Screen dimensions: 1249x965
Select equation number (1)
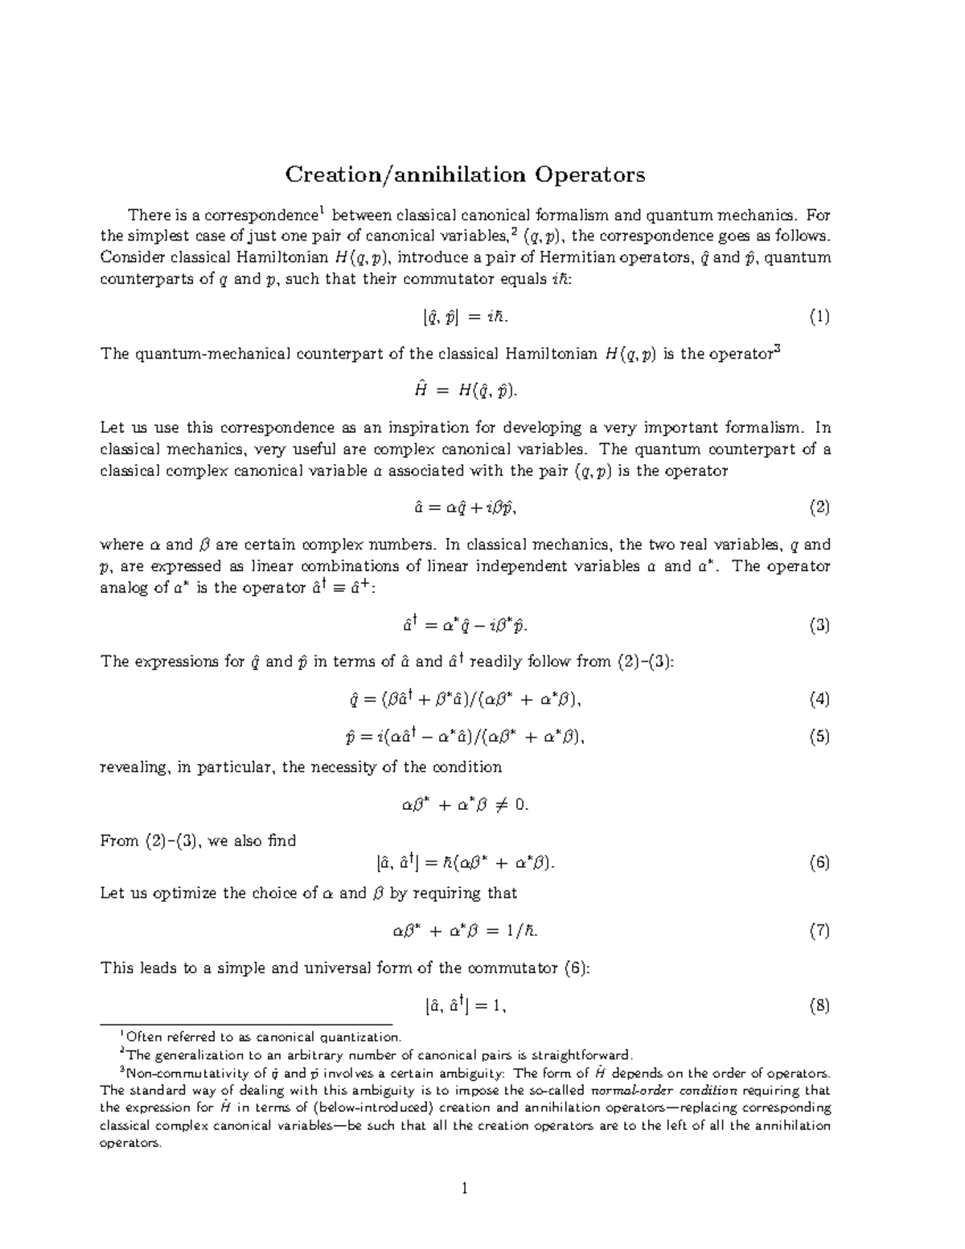click(819, 317)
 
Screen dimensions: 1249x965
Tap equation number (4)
click(819, 699)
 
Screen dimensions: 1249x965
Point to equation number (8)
click(819, 1005)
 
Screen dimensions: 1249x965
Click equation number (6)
click(819, 863)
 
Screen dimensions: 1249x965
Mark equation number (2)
click(819, 507)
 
